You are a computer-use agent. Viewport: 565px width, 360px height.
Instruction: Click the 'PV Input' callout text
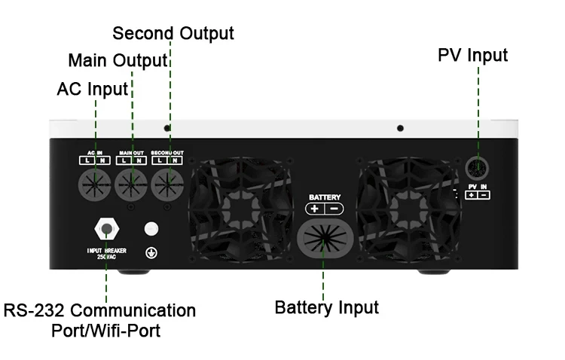pyautogui.click(x=473, y=56)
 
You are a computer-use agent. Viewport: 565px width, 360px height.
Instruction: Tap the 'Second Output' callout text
pyautogui.click(x=173, y=34)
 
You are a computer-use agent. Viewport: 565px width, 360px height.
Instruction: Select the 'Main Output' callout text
pyautogui.click(x=117, y=61)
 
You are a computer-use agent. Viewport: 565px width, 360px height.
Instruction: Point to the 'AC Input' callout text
pyautogui.click(x=93, y=89)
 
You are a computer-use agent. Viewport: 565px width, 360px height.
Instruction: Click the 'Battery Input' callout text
pyautogui.click(x=326, y=307)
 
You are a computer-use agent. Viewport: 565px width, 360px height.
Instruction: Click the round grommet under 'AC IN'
pyautogui.click(x=96, y=182)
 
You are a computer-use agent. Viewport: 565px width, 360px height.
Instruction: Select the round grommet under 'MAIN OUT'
pyautogui.click(x=132, y=182)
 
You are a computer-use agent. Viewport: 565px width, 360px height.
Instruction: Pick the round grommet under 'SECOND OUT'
pyautogui.click(x=168, y=182)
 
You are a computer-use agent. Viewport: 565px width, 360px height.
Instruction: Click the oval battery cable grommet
pyautogui.click(x=325, y=239)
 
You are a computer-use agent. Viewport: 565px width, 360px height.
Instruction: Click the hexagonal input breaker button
pyautogui.click(x=105, y=229)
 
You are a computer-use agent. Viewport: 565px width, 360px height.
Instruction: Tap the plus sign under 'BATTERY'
pyautogui.click(x=315, y=209)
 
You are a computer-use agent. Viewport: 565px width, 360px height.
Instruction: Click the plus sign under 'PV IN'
pyautogui.click(x=470, y=196)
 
